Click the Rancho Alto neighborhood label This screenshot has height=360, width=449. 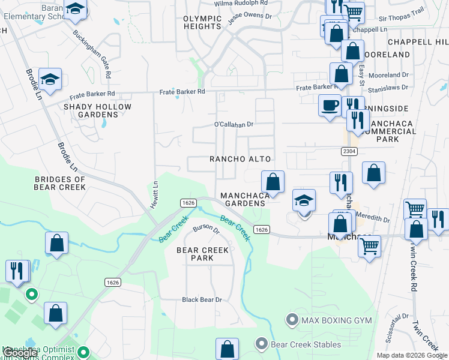coord(240,159)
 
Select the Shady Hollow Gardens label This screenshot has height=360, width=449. coord(97,111)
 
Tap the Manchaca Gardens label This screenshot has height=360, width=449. coord(243,200)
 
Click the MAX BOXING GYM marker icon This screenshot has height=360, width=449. coord(292,320)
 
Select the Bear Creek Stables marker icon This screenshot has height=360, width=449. coord(261,344)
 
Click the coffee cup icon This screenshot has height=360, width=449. coord(329,105)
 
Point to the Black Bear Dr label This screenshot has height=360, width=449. coord(202,299)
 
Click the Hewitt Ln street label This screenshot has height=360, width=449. coord(155,191)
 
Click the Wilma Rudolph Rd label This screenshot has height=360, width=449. coord(241,3)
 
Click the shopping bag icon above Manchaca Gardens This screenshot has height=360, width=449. coord(273,181)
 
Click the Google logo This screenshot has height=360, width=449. coord(20,353)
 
